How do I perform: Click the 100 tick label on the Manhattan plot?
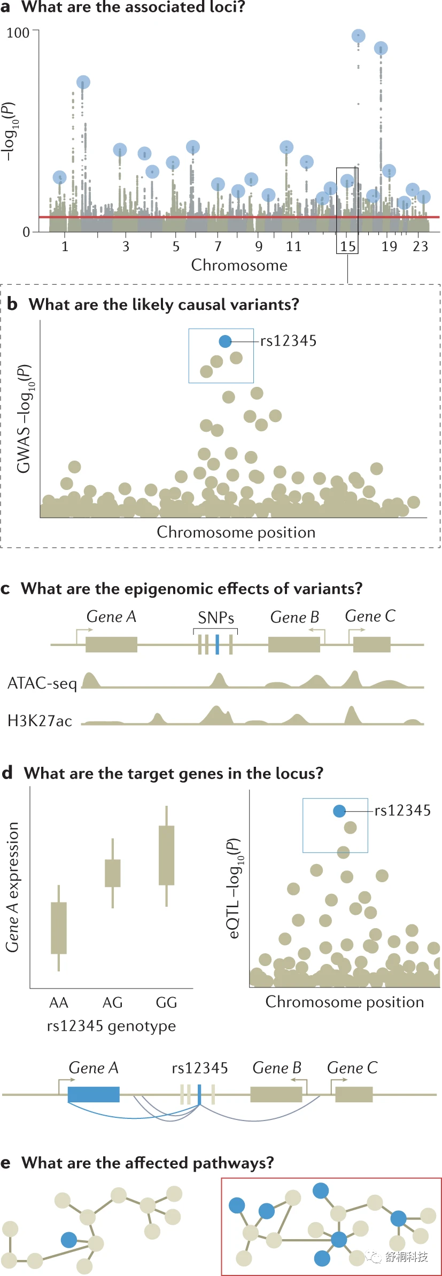[x=18, y=33]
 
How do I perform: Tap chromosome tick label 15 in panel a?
[x=348, y=246]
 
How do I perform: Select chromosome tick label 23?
[x=420, y=246]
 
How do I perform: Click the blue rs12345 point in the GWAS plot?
[x=225, y=341]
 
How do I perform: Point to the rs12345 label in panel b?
[x=288, y=341]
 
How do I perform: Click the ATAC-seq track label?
[x=42, y=683]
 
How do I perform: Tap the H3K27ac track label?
[x=40, y=721]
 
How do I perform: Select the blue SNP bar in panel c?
[x=217, y=644]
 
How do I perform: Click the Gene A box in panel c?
[x=111, y=644]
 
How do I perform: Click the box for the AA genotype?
[x=59, y=928]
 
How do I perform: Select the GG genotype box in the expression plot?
[x=166, y=855]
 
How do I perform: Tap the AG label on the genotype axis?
[x=112, y=1002]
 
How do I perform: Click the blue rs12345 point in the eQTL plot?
[x=339, y=811]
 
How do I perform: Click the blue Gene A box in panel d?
[x=94, y=1094]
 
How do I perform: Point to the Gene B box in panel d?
[x=276, y=1094]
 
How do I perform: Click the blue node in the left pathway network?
[x=68, y=1240]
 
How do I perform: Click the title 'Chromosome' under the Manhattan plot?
[x=239, y=266]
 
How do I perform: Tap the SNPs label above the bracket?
[x=216, y=618]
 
